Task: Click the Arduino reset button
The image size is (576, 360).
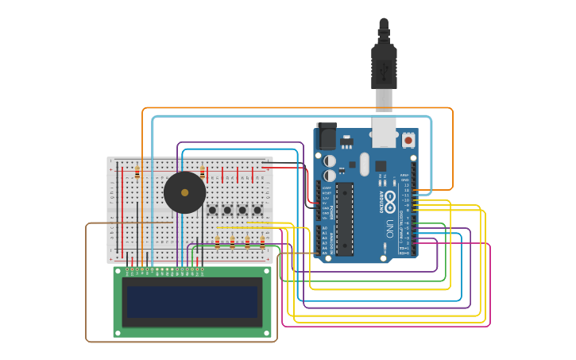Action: coord(408,140)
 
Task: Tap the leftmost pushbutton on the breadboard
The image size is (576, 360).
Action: coord(212,211)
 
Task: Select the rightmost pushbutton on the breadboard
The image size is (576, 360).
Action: coord(257,211)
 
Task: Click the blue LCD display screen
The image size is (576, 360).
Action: coord(191,302)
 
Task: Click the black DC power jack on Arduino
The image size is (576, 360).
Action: coord(327,136)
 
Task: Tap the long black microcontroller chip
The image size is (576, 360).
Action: coord(345,219)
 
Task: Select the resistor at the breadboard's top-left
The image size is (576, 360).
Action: coord(137,172)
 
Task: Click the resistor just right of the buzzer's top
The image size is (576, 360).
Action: coord(203,172)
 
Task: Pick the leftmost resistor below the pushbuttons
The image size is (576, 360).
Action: coord(218,242)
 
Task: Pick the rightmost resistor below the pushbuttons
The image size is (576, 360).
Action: coord(262,242)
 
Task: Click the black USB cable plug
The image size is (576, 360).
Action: coord(384,68)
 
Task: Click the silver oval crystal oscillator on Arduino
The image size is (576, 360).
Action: coord(364,165)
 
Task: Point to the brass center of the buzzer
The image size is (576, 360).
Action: coord(184,192)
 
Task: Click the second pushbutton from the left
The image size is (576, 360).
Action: coord(227,211)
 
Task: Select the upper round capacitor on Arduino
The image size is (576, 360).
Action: coord(329,161)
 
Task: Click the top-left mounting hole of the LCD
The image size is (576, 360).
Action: coord(118,272)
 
